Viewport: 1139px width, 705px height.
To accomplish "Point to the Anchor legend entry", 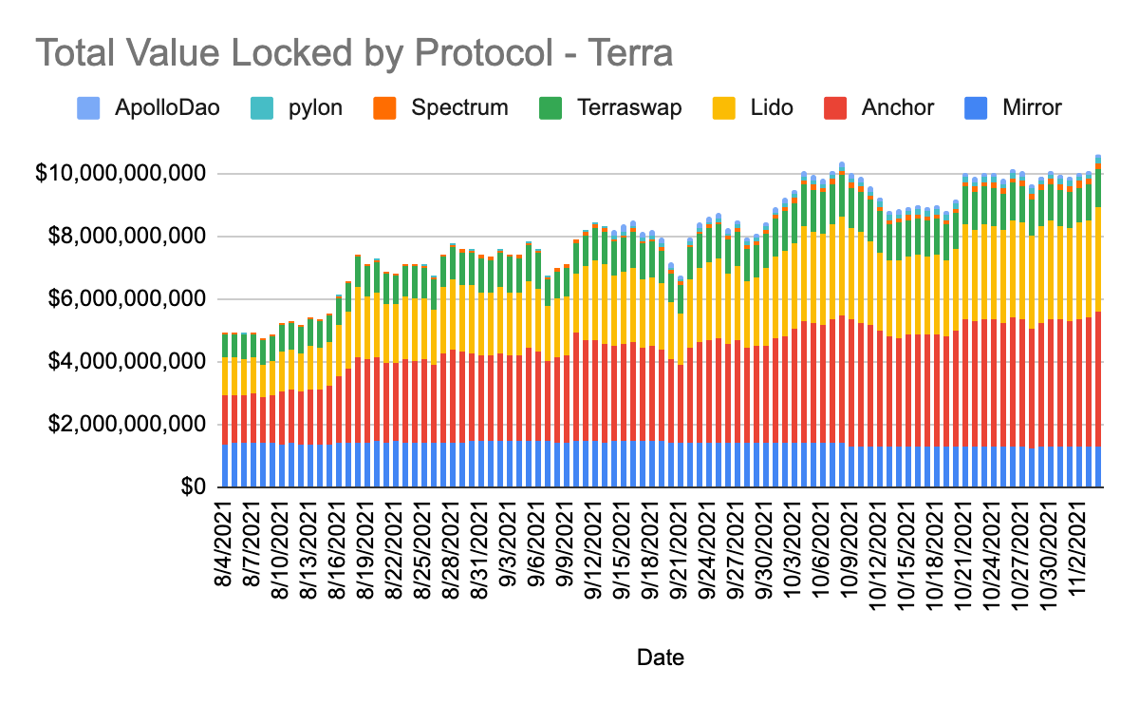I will [878, 107].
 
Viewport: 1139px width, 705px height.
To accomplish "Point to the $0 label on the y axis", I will [195, 487].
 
